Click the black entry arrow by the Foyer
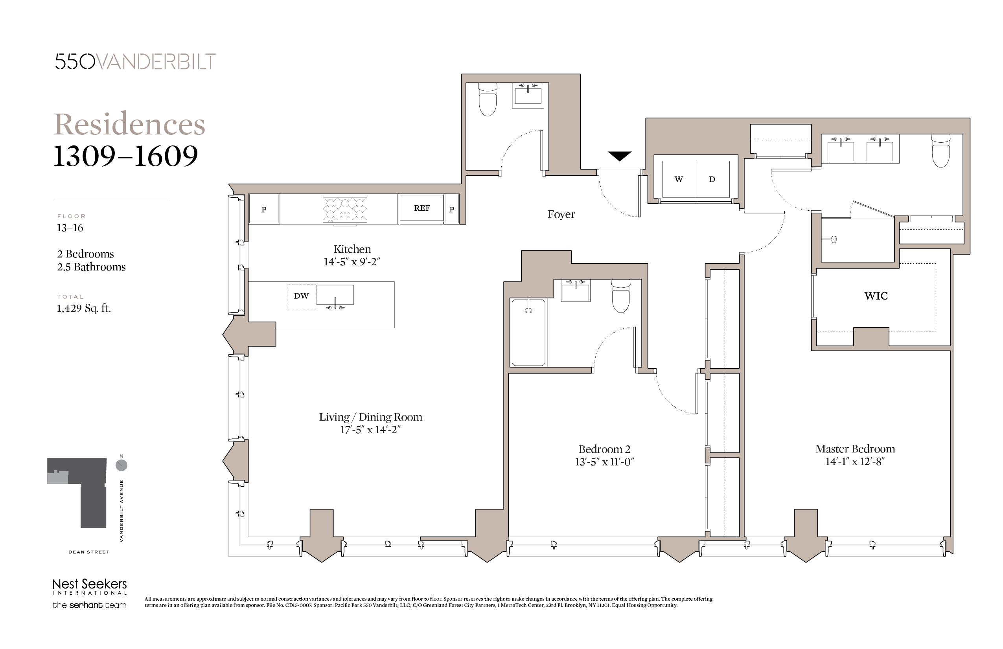tap(620, 156)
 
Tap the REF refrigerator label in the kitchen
tap(422, 208)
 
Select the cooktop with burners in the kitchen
tap(345, 210)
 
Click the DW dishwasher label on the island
tap(301, 296)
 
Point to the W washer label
tap(679, 179)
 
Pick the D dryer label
tap(712, 179)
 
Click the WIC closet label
tap(876, 296)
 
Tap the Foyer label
tap(561, 214)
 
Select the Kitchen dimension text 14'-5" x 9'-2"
tap(352, 262)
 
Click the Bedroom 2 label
tap(604, 449)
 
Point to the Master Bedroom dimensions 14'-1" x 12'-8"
tap(855, 461)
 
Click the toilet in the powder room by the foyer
tap(488, 99)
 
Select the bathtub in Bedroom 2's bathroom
tap(528, 333)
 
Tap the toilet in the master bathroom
tap(940, 151)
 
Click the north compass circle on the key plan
tap(121, 465)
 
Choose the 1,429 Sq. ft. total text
tap(84, 309)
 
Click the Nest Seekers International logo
tap(89, 586)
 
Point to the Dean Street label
tap(89, 552)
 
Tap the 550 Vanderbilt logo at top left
tap(135, 61)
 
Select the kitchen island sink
tap(335, 295)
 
